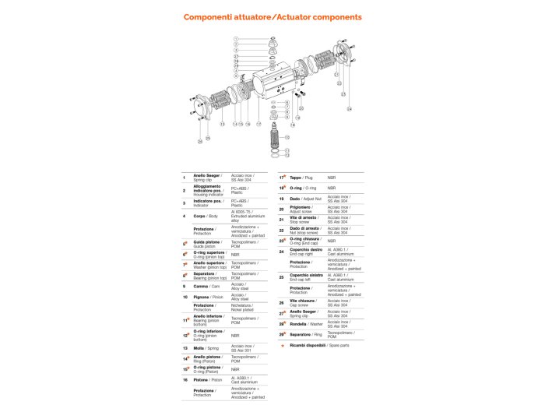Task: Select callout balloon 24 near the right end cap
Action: [x=350, y=109]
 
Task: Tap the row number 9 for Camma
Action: [x=185, y=286]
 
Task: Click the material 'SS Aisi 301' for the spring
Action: [x=242, y=350]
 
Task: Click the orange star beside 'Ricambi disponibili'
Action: [x=282, y=344]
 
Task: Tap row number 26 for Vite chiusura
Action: [x=281, y=301]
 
